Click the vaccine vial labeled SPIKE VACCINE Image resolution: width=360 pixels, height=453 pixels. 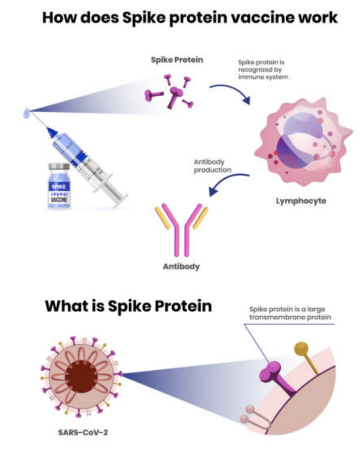point(59,186)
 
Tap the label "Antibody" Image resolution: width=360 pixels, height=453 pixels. point(181,266)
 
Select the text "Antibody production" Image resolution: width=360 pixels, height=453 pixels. point(213,165)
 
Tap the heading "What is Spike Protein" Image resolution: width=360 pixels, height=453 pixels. point(128,306)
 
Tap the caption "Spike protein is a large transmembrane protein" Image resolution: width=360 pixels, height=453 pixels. point(290,313)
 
